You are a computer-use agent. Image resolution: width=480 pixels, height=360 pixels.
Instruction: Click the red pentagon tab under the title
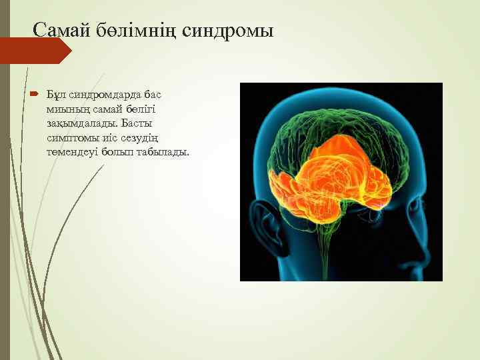tap(33, 51)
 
